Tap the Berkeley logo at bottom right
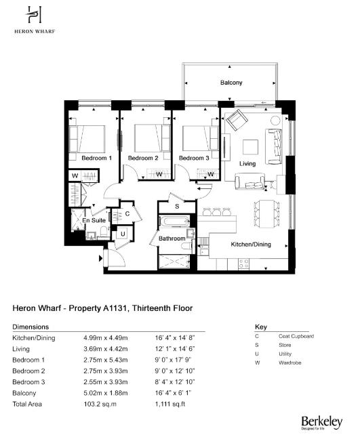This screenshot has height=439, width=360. point(321,421)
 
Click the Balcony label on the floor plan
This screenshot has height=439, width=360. point(231,83)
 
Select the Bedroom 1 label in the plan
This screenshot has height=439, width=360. point(96,158)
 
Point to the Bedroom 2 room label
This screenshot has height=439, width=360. point(143,158)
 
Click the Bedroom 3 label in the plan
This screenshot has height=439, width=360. point(193,158)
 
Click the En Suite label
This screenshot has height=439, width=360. point(94,221)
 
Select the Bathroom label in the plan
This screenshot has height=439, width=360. point(172,238)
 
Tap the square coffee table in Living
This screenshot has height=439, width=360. point(250,146)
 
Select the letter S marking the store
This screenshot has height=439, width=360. point(177,205)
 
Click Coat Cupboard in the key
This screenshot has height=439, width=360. point(296,336)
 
